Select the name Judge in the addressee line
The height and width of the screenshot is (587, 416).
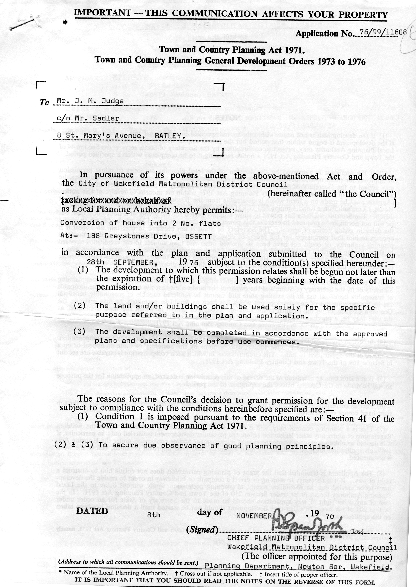(112, 101)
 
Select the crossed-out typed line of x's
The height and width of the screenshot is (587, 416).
(116, 201)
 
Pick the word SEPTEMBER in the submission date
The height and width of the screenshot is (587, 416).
(133, 262)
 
